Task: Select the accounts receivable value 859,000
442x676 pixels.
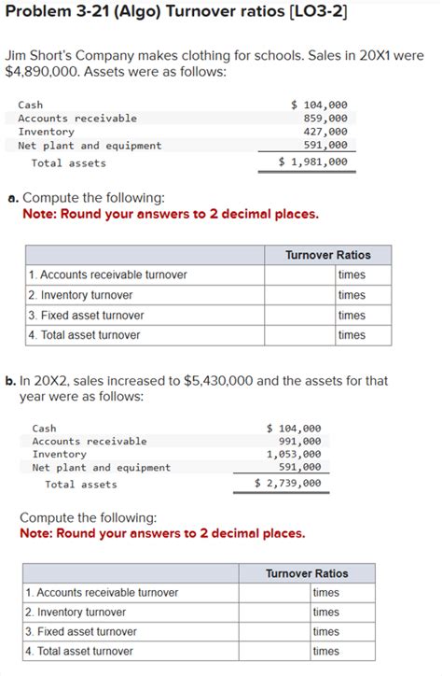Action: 325,119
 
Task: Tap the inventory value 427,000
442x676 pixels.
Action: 325,133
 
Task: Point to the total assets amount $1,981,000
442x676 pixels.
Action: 314,162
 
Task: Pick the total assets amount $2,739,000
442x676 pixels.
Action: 288,484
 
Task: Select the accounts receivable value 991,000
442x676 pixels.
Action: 299,441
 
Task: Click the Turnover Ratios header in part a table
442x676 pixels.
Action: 327,255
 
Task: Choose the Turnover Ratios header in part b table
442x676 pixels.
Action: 307,573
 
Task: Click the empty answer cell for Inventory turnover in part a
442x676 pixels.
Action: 299,295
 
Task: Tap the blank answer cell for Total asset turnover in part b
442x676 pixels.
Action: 274,651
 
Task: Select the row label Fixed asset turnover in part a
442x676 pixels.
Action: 86,316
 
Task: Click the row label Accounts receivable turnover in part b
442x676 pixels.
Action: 102,593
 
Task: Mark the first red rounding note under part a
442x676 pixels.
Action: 170,214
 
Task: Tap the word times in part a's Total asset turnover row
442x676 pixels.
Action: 352,335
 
